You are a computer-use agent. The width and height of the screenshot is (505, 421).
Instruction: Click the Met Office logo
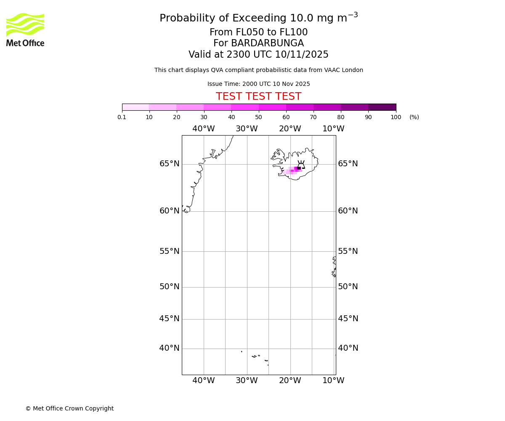(25, 29)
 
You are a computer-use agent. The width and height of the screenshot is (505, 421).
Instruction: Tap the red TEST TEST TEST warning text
(258, 96)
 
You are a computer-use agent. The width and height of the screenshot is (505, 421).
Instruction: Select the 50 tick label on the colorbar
(258, 117)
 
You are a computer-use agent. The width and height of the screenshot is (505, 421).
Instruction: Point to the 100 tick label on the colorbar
(396, 117)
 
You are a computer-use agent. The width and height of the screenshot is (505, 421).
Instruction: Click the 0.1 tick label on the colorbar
(122, 117)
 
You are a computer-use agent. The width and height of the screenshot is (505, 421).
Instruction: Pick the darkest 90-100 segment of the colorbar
(382, 107)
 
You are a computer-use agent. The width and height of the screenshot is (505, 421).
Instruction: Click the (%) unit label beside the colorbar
(414, 117)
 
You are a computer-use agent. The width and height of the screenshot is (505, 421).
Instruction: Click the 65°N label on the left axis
(169, 164)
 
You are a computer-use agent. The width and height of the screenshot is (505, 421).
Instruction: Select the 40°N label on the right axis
(348, 348)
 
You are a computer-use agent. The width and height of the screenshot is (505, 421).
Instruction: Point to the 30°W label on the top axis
(247, 129)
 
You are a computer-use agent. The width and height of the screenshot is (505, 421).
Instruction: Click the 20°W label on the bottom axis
(290, 381)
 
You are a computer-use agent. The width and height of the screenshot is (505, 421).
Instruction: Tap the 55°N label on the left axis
(169, 251)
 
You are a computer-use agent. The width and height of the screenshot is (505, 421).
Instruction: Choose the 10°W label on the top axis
(333, 129)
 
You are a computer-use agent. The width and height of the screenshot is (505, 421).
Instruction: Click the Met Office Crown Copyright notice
(69, 408)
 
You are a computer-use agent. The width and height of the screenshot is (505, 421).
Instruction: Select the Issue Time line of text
(258, 84)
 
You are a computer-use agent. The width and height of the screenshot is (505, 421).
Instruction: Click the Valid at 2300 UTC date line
(258, 55)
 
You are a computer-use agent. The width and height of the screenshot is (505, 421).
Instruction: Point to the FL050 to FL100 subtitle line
(258, 32)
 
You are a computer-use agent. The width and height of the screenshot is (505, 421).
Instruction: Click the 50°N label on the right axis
(348, 287)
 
